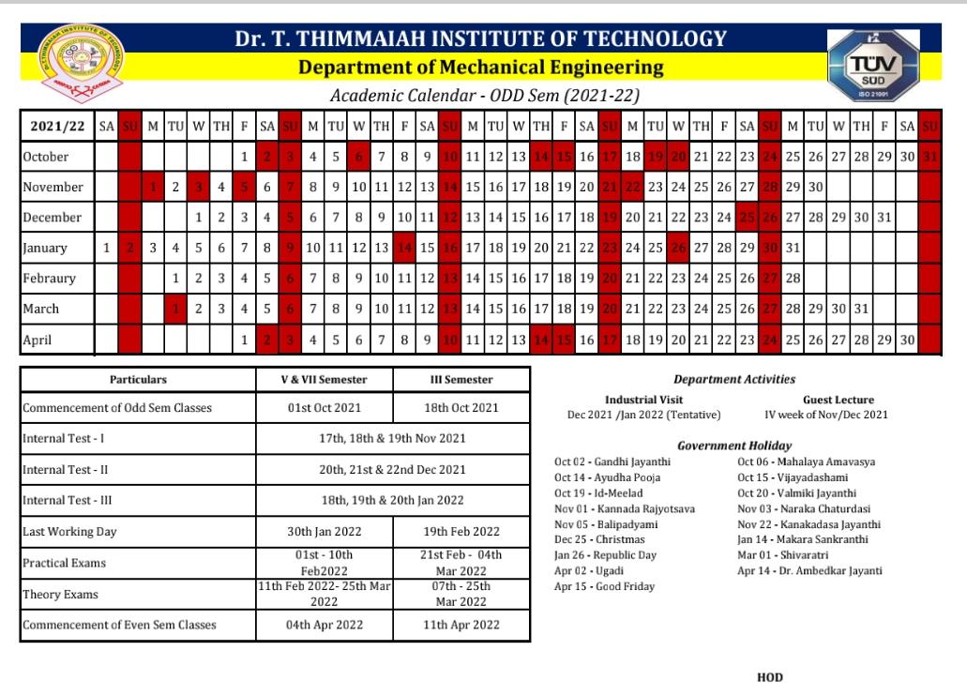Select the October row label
pyautogui.click(x=47, y=157)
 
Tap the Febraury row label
pyautogui.click(x=50, y=279)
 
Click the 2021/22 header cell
pyautogui.click(x=53, y=126)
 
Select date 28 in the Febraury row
pyautogui.click(x=793, y=279)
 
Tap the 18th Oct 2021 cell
pyautogui.click(x=461, y=407)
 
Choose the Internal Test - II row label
pyautogui.click(x=63, y=469)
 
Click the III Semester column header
pyautogui.click(x=461, y=380)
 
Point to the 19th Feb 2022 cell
pyautogui.click(x=461, y=531)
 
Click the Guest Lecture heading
pyautogui.click(x=825, y=400)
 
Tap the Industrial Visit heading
pyautogui.click(x=637, y=400)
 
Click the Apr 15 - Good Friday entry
pyautogui.click(x=593, y=586)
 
